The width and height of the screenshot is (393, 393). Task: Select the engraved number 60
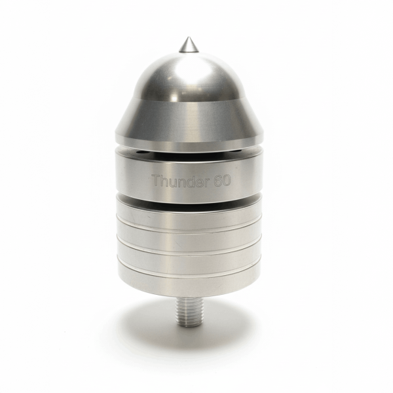coord(222,181)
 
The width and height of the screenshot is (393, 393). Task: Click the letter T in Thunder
coord(157,181)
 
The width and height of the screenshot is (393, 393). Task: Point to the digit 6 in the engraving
coord(217,181)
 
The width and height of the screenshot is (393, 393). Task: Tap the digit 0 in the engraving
coord(226,181)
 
